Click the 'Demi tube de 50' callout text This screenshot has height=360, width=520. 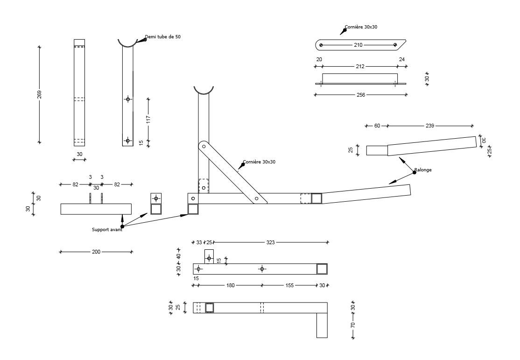[x=162, y=37]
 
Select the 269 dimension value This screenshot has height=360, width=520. [x=40, y=94]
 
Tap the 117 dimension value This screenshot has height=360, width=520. [x=148, y=119]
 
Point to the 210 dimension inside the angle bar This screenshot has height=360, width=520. [x=358, y=45]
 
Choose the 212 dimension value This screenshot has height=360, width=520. [x=360, y=67]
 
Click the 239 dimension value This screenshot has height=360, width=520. [x=429, y=126]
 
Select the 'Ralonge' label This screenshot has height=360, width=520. [x=424, y=170]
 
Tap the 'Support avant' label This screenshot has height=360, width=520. [x=107, y=230]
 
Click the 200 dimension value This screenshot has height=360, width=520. [x=96, y=252]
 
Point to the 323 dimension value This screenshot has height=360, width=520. [x=270, y=242]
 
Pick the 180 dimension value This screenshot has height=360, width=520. [x=230, y=285]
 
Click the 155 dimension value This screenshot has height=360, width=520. [x=289, y=285]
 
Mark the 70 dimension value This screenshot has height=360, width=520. [x=353, y=325]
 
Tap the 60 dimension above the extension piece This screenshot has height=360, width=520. [x=377, y=126]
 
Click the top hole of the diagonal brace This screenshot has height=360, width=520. [x=204, y=147]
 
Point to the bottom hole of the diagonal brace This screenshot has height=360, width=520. [x=256, y=198]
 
